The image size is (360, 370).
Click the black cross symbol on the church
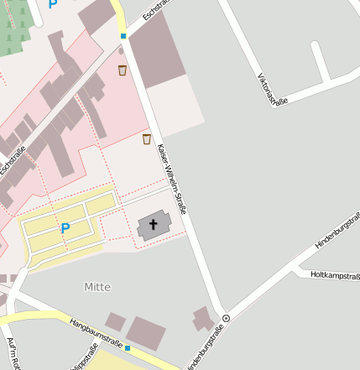coord(154,224)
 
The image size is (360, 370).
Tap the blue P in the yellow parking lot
coord(65,228)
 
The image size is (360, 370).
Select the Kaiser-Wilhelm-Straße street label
coord(171,180)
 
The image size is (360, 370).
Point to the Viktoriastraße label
coord(272,90)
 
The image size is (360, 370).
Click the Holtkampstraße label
coord(335,274)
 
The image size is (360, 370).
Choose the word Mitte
coord(97,287)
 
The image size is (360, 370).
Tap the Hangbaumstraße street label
coord(96,332)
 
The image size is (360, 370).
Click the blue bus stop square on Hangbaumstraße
coord(128,347)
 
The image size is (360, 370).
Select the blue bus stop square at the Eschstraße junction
coord(123,37)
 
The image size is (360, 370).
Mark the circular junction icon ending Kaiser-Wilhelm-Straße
coord(226,318)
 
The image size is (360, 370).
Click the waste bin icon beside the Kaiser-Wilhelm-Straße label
coord(147,139)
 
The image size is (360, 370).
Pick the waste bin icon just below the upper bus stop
coord(123,70)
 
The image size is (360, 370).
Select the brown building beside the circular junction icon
coord(203,319)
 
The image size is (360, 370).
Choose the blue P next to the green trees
coord(54,4)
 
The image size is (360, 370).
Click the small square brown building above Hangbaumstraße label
coord(114,321)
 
